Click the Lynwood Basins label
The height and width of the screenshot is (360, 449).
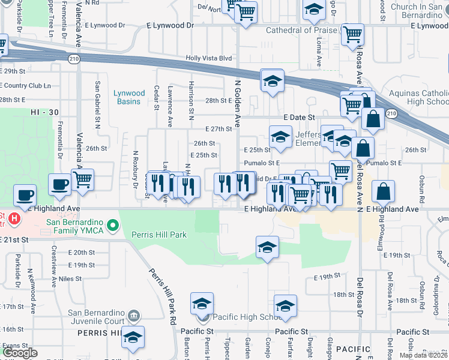pyautogui.click(x=129, y=97)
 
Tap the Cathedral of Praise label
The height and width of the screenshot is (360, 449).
pyautogui.click(x=297, y=30)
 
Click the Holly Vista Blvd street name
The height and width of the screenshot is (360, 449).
pyautogui.click(x=208, y=58)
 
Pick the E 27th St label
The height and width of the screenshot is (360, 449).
pyautogui.click(x=218, y=129)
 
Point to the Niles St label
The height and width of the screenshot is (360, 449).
pyautogui.click(x=70, y=278)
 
